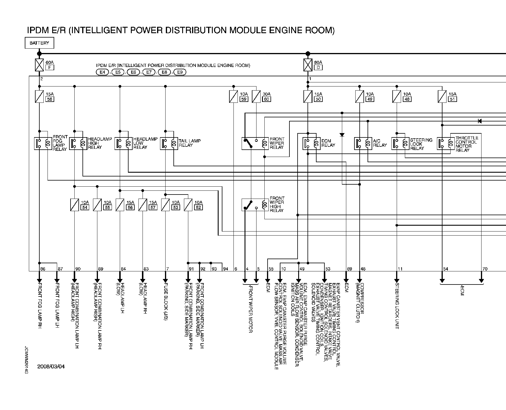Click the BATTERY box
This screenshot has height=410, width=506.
39,43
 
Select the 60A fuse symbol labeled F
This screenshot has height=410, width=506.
39,65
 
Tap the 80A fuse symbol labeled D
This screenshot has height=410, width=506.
308,65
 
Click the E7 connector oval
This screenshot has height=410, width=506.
149,72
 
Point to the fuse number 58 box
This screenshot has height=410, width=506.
50,99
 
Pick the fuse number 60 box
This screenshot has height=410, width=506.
267,99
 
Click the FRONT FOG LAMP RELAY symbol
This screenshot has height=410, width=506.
43,143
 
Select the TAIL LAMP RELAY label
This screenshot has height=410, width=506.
190,143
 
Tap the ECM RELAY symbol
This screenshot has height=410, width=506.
312,143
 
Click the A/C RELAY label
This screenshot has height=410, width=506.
380,143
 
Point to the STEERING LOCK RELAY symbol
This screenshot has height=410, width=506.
400,143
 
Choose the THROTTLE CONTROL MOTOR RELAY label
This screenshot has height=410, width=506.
467,144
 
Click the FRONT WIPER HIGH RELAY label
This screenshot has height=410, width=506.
277,204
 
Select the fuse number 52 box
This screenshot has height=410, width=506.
198,207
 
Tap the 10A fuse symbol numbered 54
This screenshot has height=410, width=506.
75,205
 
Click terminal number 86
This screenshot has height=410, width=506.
43,269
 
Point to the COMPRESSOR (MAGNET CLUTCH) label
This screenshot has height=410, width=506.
360,303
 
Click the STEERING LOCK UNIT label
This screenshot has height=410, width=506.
397,306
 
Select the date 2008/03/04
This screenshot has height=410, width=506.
51,366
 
